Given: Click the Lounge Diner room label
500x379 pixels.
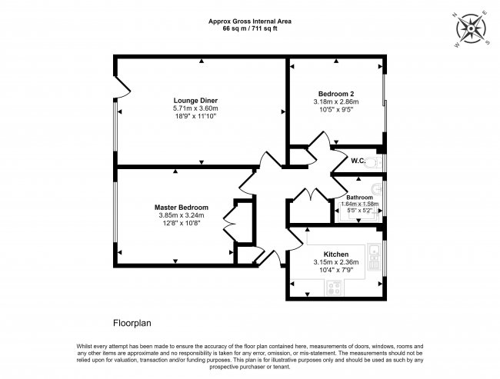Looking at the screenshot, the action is point(195,101).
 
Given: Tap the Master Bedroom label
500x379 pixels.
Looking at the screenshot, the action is point(181,208).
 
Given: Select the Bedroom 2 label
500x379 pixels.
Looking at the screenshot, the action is point(336,94).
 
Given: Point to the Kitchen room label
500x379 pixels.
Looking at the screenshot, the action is point(336,254).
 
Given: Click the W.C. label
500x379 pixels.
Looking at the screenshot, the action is point(358,161).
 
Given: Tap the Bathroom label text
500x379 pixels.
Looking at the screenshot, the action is point(360,198).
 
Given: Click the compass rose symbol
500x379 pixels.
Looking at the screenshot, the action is point(471,29).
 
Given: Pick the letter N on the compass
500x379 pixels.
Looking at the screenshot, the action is point(454,15).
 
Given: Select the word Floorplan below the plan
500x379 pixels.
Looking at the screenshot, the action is point(132,323).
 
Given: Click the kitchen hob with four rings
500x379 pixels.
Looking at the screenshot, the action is point(334,288).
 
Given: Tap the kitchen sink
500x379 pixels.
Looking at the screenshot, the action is point(373,252).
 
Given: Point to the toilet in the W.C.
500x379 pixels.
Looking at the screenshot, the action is point(373,162).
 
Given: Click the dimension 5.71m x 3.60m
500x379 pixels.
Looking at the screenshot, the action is point(195,108).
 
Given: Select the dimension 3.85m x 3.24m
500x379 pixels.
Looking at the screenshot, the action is point(181,215).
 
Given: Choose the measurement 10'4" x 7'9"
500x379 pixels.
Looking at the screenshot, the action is point(336,270).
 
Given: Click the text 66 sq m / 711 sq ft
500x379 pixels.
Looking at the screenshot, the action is point(250,28).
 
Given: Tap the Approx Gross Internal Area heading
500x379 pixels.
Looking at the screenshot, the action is point(250,22).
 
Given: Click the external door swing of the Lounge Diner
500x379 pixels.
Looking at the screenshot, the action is point(122,87).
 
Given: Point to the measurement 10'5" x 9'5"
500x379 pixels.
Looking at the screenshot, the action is point(336,110).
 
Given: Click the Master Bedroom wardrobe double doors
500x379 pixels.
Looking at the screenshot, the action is point(229,222).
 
